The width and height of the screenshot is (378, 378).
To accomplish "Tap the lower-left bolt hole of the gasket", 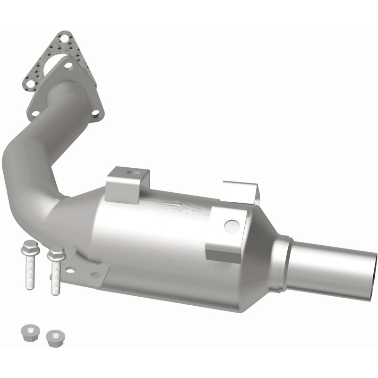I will (30, 84).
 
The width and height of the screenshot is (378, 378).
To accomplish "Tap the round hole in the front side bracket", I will (231, 226).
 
